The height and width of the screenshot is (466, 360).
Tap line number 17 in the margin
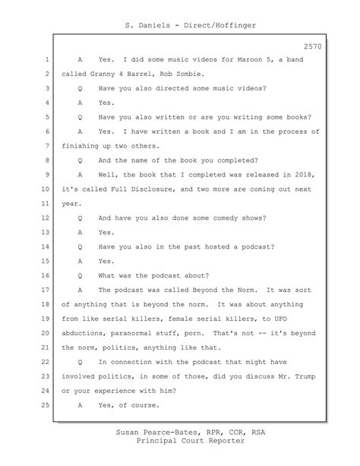pos(46,290)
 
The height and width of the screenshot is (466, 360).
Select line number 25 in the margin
pos(46,407)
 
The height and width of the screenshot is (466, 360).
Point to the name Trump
pos(314,378)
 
